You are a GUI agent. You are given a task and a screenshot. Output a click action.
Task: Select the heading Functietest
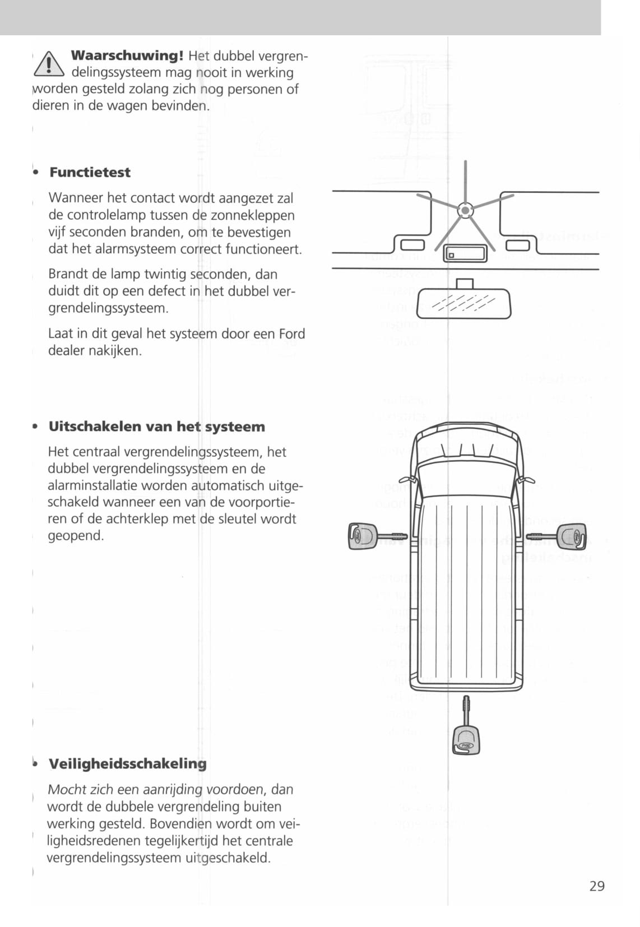(x=90, y=172)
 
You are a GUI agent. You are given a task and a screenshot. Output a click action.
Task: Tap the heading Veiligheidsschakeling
(x=127, y=763)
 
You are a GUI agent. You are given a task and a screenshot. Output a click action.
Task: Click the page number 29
(x=597, y=886)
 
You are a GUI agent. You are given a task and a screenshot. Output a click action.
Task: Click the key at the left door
(x=370, y=536)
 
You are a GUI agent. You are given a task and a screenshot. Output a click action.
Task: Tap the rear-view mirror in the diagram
(x=464, y=305)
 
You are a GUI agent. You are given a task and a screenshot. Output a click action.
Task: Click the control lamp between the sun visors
(x=452, y=256)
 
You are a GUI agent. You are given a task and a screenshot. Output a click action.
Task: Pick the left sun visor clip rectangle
(x=412, y=245)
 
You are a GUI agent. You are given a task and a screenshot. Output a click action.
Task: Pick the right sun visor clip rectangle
(x=517, y=245)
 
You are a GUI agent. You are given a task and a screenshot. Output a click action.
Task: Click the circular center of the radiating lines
(x=465, y=210)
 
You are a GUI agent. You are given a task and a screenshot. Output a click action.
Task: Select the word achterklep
(x=137, y=518)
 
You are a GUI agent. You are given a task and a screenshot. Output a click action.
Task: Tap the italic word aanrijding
(x=173, y=789)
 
